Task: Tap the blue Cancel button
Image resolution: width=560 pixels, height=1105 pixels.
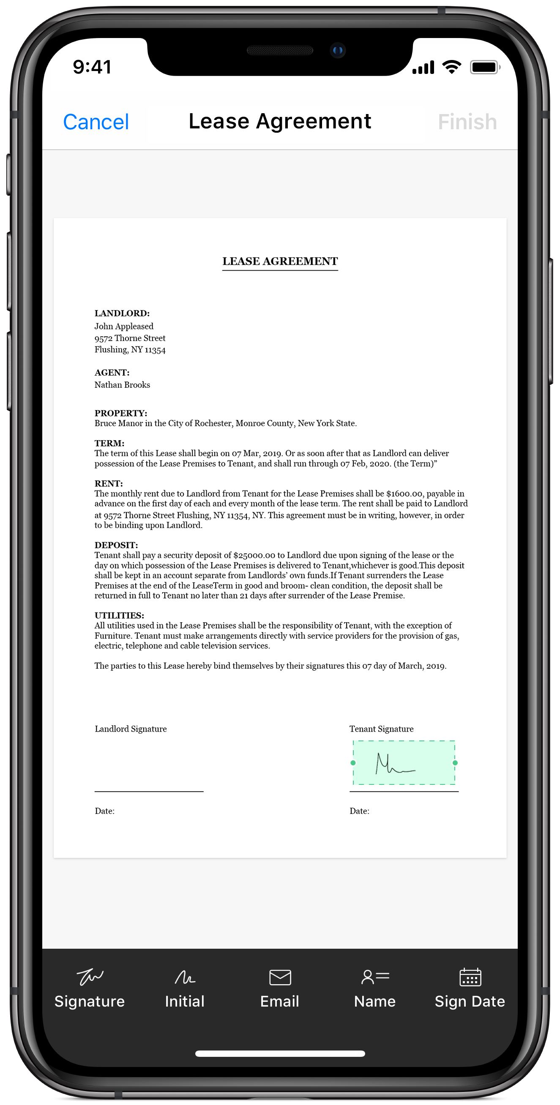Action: point(96,122)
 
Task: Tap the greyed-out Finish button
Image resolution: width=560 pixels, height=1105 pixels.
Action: point(467,122)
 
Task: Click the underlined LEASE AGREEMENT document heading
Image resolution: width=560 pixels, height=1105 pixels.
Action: point(280,261)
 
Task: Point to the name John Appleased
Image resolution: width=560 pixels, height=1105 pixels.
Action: point(123,327)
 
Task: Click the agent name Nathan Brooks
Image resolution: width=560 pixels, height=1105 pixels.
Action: point(122,385)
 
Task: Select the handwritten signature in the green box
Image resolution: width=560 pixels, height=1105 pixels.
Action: point(395,764)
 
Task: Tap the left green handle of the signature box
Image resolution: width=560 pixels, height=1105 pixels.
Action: point(353,763)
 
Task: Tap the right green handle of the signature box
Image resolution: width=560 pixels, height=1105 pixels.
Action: point(455,763)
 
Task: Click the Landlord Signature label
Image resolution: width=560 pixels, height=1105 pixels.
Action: point(131,729)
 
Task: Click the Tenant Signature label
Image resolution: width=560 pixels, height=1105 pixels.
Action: point(381,729)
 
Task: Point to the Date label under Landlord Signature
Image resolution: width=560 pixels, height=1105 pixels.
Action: point(104,811)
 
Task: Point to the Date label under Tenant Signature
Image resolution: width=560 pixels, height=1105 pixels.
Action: point(359,811)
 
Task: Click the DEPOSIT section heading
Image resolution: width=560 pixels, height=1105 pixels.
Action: point(116,545)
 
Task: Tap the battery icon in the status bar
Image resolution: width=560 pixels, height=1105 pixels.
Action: point(484,67)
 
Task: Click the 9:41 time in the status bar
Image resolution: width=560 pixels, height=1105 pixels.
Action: point(92,67)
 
